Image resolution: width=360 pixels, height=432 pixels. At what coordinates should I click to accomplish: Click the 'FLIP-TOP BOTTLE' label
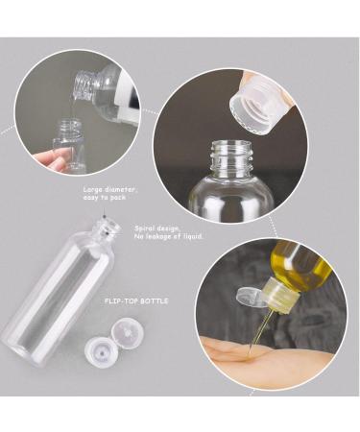136,301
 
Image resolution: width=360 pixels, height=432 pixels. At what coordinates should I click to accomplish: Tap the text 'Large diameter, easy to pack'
110,193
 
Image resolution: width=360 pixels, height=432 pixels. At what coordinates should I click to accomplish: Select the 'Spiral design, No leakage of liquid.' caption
168,232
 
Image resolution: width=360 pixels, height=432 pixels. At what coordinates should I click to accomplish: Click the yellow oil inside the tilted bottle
300,267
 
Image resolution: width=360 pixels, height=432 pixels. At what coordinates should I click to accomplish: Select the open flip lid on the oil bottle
252,298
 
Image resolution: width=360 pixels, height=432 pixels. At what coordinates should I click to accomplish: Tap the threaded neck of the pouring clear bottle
84,84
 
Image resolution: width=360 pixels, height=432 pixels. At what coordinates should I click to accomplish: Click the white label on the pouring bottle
127,96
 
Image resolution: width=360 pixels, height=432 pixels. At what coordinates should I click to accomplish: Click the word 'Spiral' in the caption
144,228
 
